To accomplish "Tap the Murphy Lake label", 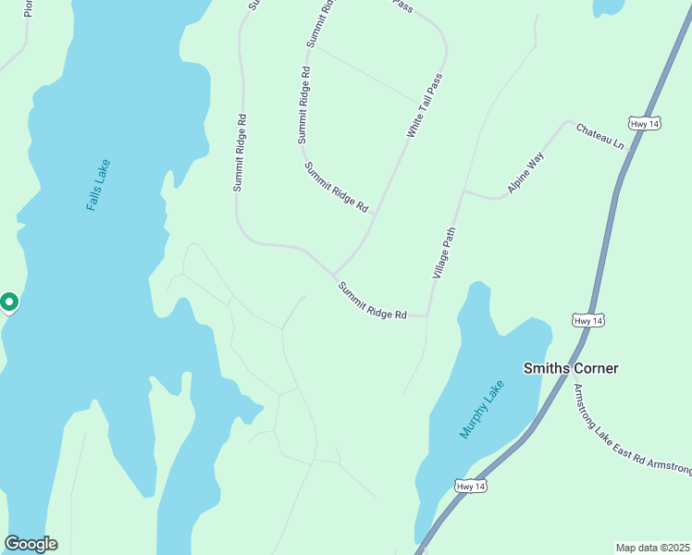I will pos(483,409).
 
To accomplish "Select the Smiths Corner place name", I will pos(570,368).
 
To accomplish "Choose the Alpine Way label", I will pos(525,172).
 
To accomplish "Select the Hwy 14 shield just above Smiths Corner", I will pos(588,320).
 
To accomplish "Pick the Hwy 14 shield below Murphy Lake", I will pos(471,486).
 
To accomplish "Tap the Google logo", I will pos(31,544).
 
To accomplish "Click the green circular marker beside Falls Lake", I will pos(8,302).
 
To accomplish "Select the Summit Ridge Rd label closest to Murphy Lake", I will pos(373,301).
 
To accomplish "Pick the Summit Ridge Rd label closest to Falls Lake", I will pos(241,153).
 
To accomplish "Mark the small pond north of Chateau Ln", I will pos(610,6).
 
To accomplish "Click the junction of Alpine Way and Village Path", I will pos(463,192).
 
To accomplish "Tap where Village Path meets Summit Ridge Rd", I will pos(428,315).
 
